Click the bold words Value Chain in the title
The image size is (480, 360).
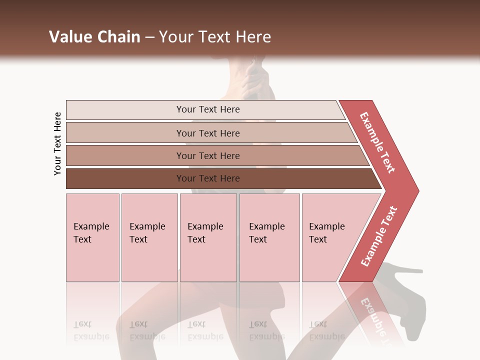pyautogui.click(x=94, y=37)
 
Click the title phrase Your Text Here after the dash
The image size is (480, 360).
pyautogui.click(x=215, y=37)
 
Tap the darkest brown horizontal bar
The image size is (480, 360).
pyautogui.click(x=125, y=178)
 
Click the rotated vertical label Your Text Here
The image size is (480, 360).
pyautogui.click(x=57, y=143)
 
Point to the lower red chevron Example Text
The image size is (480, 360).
pyautogui.click(x=379, y=236)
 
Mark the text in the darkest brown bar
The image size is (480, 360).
pyautogui.click(x=208, y=178)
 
